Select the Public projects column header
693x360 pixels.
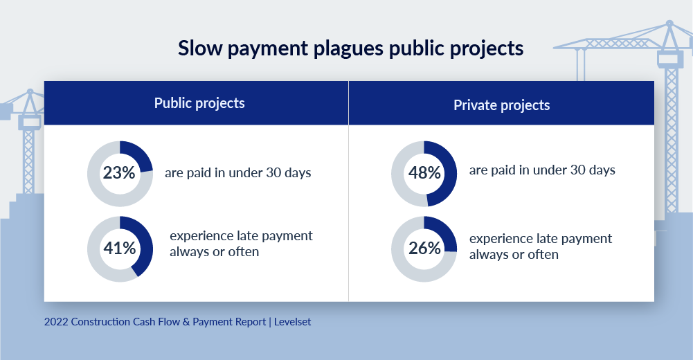[199, 103]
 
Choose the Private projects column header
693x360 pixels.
[502, 105]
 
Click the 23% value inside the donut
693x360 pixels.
[119, 172]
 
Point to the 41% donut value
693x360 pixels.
[119, 249]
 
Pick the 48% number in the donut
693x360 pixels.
[424, 172]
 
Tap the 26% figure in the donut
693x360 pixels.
[424, 249]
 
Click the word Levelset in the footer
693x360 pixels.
[292, 321]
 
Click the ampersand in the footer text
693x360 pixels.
[186, 321]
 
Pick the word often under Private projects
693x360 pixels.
[543, 255]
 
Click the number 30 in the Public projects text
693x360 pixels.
[273, 172]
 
